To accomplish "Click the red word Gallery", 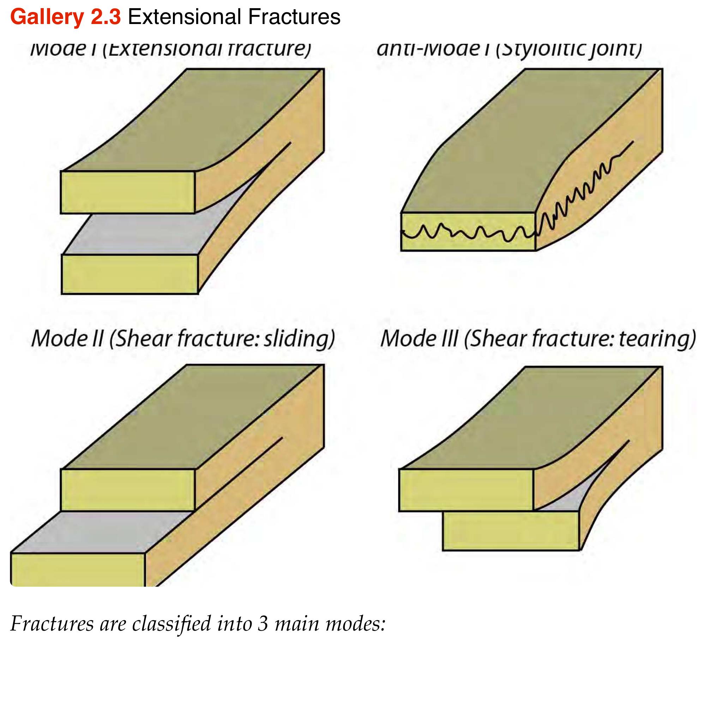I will (x=47, y=17).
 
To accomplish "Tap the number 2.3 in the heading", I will (x=106, y=17).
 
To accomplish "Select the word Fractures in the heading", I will (x=294, y=17).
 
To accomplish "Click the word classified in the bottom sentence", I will (x=172, y=624).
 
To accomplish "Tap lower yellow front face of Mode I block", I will (x=129, y=274).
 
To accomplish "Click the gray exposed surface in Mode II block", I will (x=101, y=531).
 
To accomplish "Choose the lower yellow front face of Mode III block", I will (x=511, y=531).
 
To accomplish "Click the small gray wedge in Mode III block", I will (x=572, y=501).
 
